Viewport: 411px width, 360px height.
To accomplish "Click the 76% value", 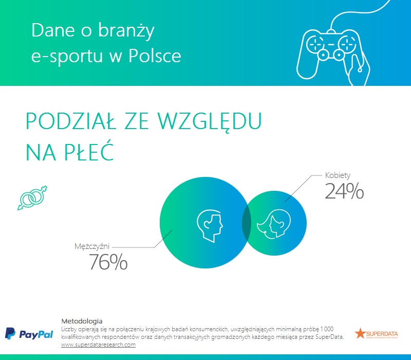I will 108,262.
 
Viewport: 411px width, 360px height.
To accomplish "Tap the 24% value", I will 344,191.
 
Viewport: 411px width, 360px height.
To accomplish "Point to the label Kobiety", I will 338,175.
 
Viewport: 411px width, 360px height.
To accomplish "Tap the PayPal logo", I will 29,334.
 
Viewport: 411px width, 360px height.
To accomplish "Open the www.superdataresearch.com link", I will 98,345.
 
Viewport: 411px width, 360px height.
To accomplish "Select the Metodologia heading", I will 82,320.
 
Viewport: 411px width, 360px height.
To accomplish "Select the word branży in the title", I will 129,31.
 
